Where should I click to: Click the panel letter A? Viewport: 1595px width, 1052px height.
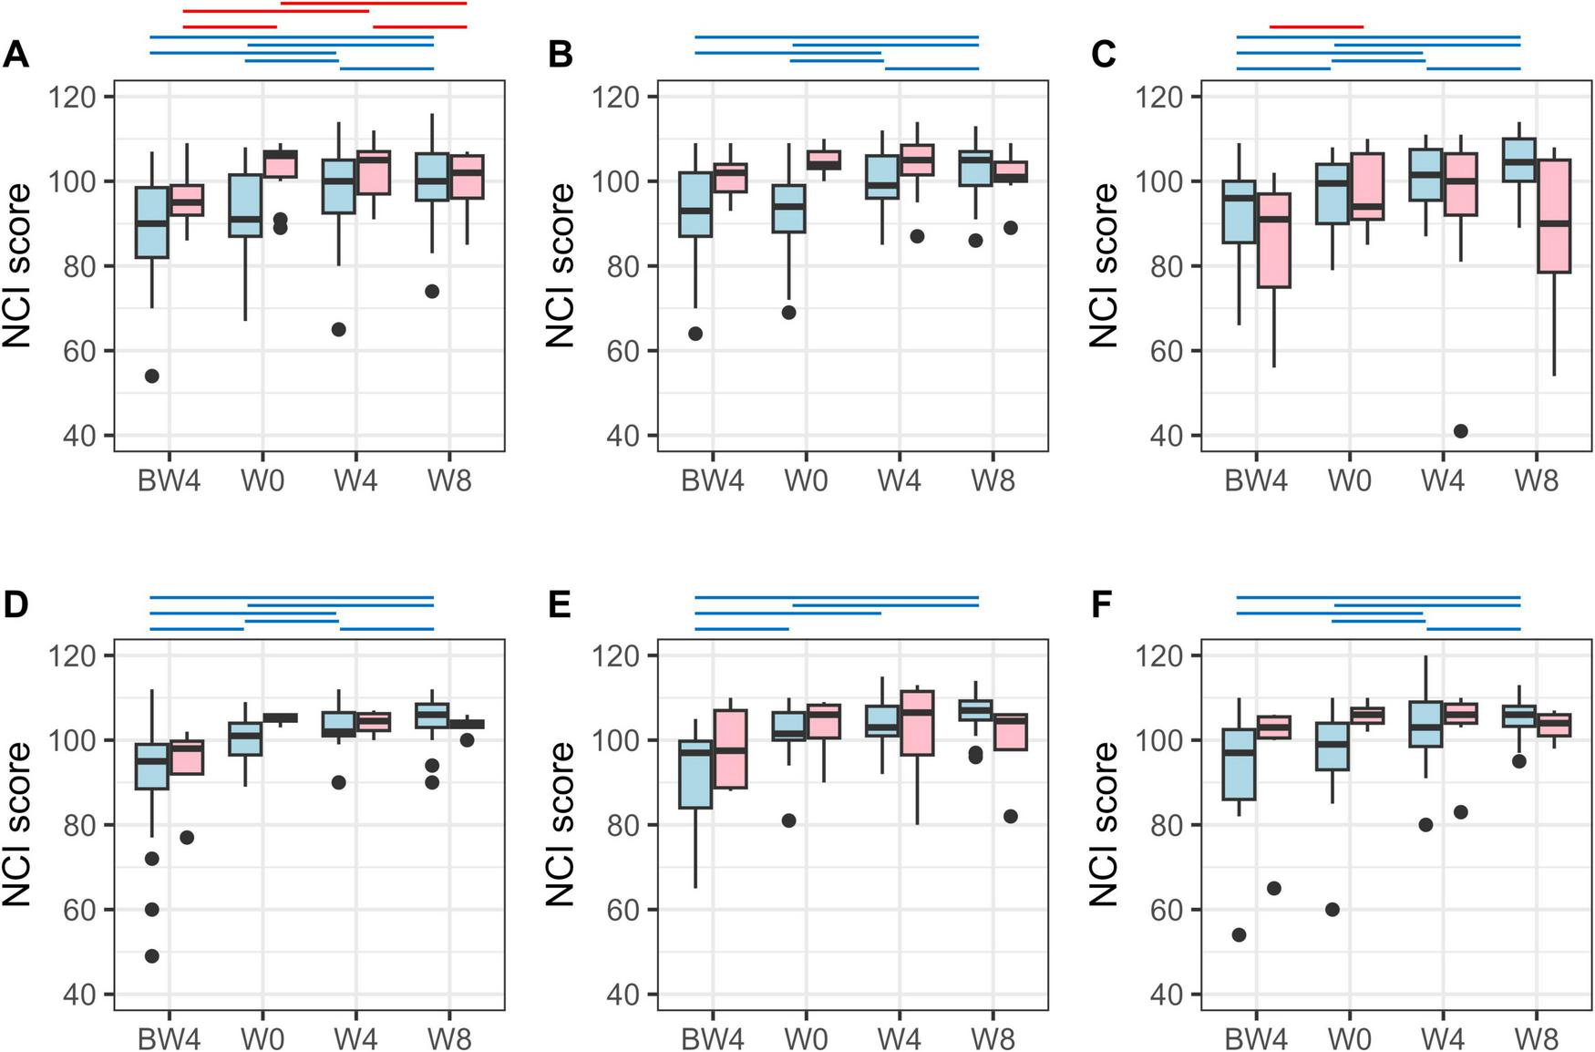click(15, 56)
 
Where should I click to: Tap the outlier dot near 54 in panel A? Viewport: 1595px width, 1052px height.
click(152, 376)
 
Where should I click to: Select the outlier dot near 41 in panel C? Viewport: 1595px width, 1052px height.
click(1460, 431)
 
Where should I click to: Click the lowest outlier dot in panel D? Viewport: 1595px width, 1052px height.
click(152, 956)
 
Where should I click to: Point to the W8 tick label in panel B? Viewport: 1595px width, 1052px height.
click(993, 480)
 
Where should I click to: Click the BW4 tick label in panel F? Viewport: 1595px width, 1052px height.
click(1256, 1038)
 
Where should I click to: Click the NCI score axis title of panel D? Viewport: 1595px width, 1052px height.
click(18, 823)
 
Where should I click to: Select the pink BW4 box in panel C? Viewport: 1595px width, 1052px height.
click(1274, 241)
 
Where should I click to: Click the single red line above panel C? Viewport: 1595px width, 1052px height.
click(1316, 27)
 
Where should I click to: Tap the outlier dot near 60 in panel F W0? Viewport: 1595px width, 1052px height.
click(1332, 910)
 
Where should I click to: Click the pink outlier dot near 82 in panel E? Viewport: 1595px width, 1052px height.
click(1010, 817)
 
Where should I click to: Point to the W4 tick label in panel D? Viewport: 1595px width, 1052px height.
click(355, 1038)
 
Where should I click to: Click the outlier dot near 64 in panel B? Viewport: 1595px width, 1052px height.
click(695, 334)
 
